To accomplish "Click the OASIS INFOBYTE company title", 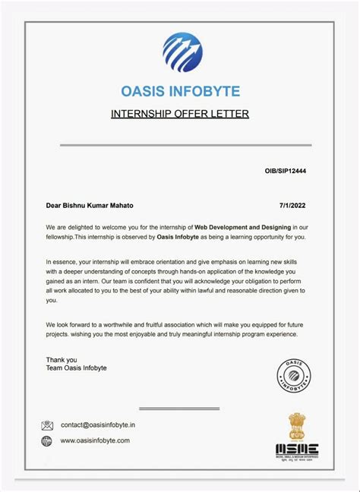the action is click(180, 92).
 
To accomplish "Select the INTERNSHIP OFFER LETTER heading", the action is click(180, 115).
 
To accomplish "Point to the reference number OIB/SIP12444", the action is click(286, 172).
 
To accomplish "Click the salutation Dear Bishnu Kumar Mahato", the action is click(91, 205).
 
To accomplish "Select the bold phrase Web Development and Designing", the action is click(242, 227).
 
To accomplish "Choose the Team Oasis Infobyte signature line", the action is click(77, 368).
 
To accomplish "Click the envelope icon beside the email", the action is click(48, 425).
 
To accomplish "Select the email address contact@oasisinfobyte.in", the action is click(98, 425).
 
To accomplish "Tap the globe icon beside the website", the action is click(48, 440).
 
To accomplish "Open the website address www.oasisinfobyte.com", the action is click(95, 440).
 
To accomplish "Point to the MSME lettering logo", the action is click(297, 449).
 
